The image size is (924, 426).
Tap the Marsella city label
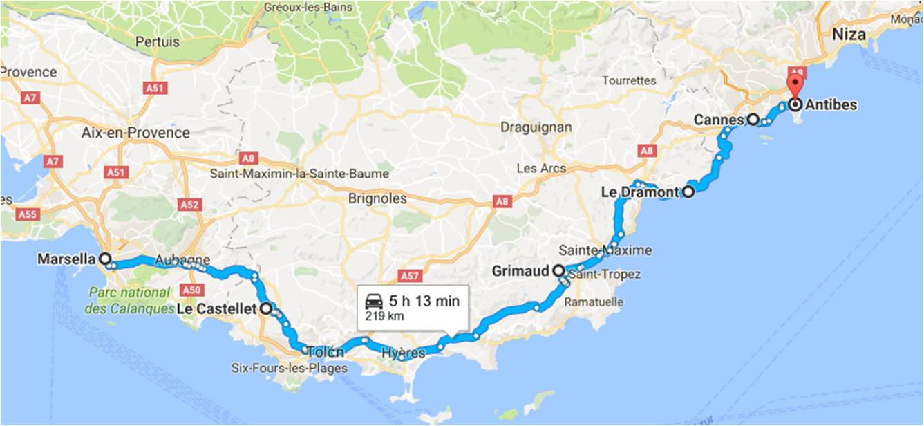click(66, 259)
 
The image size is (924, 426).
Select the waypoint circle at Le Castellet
click(265, 309)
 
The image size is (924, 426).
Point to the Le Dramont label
click(639, 192)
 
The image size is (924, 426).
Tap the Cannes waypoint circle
click(753, 119)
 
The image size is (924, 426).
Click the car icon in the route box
click(374, 302)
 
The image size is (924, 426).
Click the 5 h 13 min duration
click(424, 301)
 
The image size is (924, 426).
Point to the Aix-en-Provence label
click(135, 132)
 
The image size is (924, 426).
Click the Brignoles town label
click(377, 198)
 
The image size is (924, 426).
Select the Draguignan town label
click(535, 127)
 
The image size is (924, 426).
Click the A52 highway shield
click(189, 205)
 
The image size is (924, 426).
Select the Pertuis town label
click(158, 41)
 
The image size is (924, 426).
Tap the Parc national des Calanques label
click(131, 300)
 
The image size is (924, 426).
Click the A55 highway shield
click(28, 214)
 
